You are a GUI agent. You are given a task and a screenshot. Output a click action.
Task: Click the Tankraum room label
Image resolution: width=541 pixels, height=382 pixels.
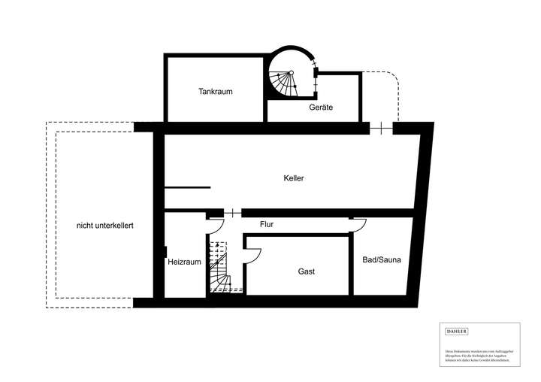pos(216,92)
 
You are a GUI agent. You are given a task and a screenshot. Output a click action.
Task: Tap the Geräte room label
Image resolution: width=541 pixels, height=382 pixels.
pos(321,108)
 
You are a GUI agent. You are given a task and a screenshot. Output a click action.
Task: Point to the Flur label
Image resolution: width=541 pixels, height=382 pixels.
pos(267,224)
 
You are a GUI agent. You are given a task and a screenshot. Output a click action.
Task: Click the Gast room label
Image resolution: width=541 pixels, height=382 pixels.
pos(306,271)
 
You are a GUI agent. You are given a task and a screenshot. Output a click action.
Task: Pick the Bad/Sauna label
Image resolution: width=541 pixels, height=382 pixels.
pos(382,260)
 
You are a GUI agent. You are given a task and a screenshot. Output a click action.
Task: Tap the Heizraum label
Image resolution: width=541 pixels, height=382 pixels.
pos(183,262)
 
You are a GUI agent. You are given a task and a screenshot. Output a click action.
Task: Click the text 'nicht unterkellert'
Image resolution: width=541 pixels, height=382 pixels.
pos(105,225)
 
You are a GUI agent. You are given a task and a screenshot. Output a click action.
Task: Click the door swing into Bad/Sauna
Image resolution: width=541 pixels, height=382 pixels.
pos(359,224)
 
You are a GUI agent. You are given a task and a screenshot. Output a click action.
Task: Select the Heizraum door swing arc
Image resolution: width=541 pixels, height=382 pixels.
pos(216,224)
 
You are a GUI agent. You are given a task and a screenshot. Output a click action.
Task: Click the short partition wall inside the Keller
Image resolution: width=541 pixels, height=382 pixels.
pos(187,186)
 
